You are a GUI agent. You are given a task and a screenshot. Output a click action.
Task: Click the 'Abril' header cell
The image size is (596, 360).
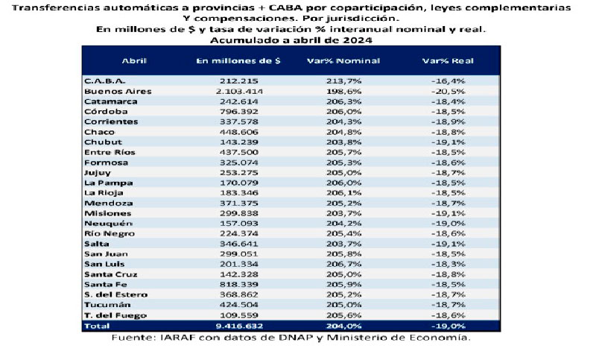[133, 60]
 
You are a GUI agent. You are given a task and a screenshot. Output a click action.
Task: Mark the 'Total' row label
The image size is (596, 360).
[95, 326]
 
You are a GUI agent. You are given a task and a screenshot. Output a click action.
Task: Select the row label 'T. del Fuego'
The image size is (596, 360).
[108, 315]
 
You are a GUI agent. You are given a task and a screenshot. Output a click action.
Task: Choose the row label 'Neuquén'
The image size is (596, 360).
[103, 223]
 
